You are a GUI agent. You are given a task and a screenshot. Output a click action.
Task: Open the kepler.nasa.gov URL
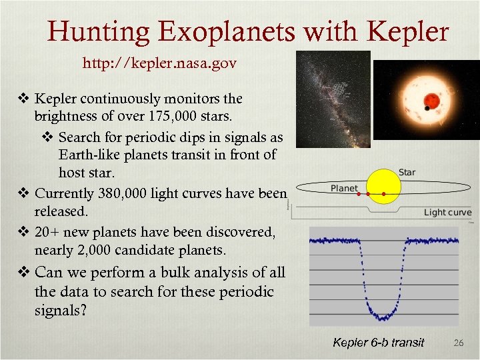pyautogui.click(x=159, y=64)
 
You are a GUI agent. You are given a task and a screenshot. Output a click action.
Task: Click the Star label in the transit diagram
pyautogui.click(x=407, y=173)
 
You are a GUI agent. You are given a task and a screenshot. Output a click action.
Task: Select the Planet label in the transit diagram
pyautogui.click(x=344, y=188)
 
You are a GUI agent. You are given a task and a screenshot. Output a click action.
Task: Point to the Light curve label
pyautogui.click(x=447, y=213)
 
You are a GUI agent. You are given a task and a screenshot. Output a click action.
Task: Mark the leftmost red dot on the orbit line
pyautogui.click(x=358, y=195)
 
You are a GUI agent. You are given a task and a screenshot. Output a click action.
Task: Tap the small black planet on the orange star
pyautogui.click(x=427, y=108)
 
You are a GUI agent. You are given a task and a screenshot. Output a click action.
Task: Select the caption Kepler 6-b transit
pyautogui.click(x=379, y=343)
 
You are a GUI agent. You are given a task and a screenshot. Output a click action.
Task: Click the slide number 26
pyautogui.click(x=458, y=343)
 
